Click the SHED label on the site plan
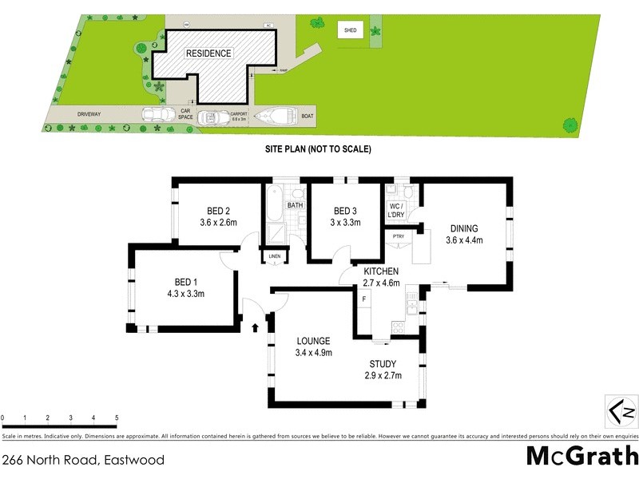tap(350, 30)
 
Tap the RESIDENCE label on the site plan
tap(208, 53)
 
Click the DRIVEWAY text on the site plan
tap(89, 115)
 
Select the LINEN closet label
tap(274, 256)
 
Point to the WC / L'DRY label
tap(397, 212)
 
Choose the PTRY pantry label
tap(398, 236)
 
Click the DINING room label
tap(464, 227)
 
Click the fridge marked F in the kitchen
tap(364, 299)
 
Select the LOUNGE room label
tap(313, 341)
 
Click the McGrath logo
tap(581, 456)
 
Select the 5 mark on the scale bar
tap(117, 418)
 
